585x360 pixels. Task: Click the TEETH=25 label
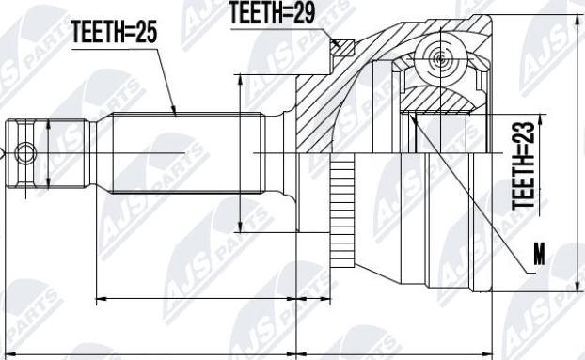114,33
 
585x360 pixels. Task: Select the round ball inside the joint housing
438,58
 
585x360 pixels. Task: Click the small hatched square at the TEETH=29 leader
341,48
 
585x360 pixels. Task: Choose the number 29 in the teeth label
302,11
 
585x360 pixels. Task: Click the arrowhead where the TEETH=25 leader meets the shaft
175,113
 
